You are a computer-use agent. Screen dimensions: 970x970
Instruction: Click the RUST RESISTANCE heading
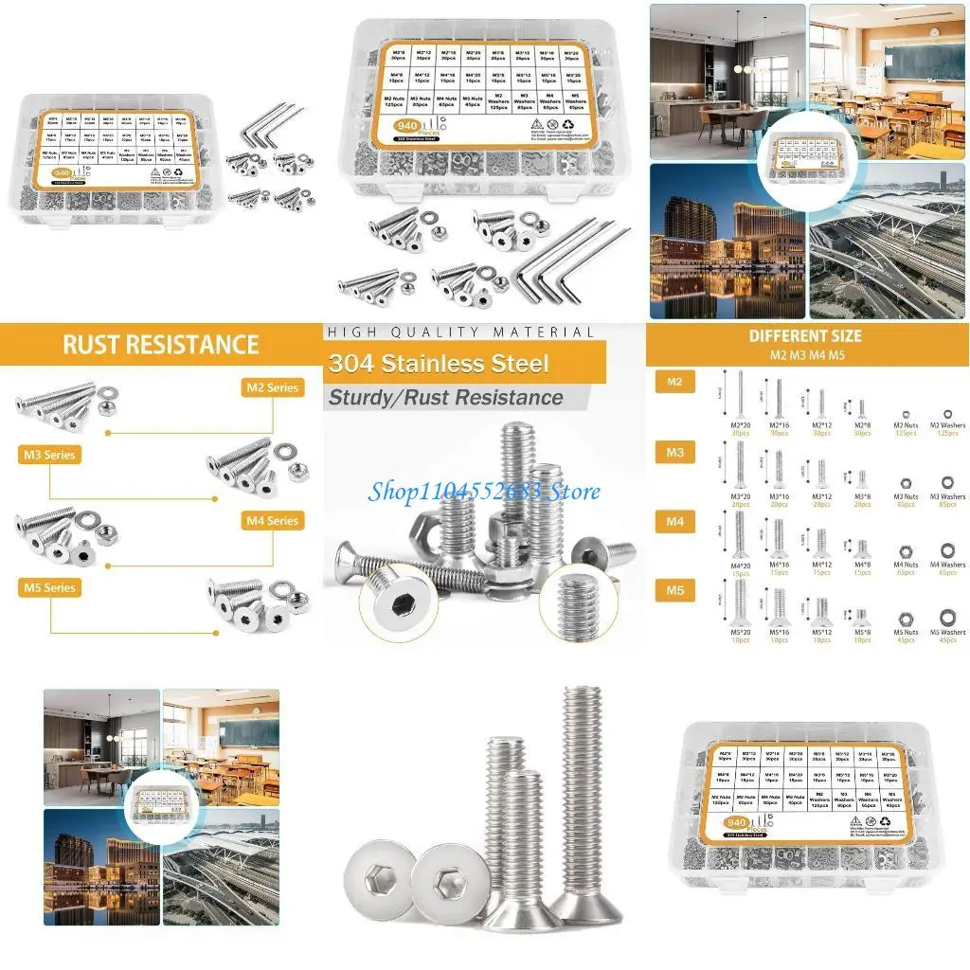160,344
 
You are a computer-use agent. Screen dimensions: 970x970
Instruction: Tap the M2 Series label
272,387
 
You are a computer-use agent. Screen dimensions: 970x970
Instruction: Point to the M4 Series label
272,521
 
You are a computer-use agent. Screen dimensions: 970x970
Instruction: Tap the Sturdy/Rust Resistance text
445,398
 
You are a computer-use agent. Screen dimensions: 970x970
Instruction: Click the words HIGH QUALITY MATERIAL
458,332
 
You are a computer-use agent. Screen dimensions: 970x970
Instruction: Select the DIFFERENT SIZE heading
805,336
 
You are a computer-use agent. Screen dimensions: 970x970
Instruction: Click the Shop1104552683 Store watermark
484,491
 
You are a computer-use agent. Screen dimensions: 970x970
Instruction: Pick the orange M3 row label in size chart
674,453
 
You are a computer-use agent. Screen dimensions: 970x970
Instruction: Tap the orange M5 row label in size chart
674,590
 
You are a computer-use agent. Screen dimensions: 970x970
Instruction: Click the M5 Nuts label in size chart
906,632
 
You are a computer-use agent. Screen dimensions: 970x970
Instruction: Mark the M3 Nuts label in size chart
906,495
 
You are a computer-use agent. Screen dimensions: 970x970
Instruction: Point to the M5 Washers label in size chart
947,632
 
